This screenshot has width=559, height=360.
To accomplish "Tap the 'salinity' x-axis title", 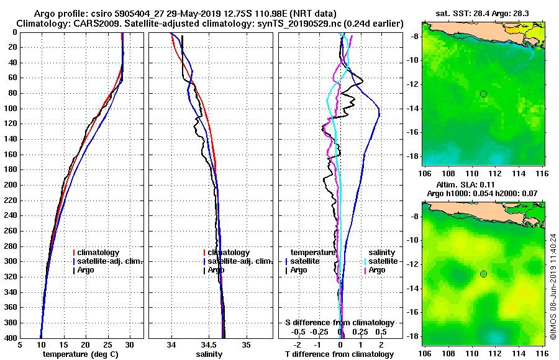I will click(x=210, y=354).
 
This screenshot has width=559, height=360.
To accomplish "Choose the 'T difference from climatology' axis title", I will click(x=340, y=354).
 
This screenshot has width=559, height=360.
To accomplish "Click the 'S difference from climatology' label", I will click(x=340, y=323).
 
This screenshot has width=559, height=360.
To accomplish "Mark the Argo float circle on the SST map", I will click(x=483, y=94).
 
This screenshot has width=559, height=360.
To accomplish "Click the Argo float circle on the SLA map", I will click(x=483, y=274).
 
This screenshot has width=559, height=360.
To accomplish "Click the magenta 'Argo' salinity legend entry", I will click(x=377, y=270).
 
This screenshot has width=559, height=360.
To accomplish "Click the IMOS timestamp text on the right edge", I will click(x=553, y=286).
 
